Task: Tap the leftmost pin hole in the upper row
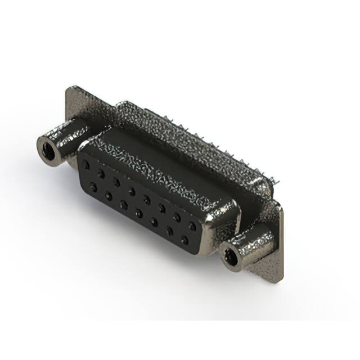(x=86, y=165)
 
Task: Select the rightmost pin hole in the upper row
(x=192, y=226)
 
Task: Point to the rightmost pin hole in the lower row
(x=184, y=241)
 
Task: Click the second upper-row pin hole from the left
(x=101, y=173)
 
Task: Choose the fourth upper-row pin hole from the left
(x=131, y=191)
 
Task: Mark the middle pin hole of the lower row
(x=138, y=213)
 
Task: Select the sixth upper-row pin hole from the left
(x=161, y=209)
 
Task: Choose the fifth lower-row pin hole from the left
(x=154, y=222)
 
